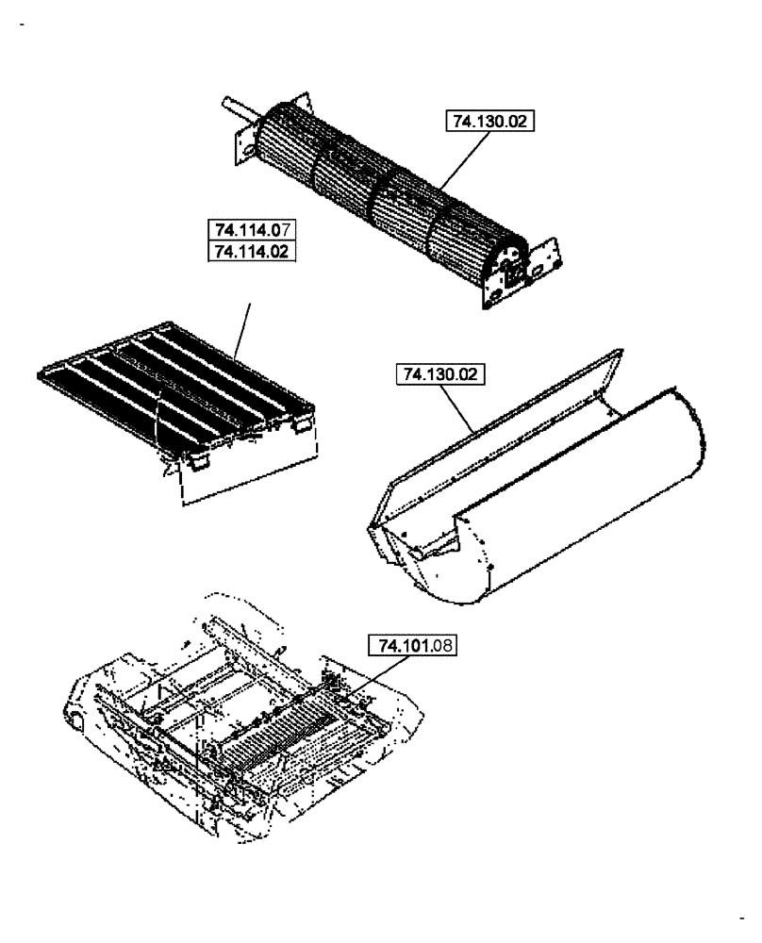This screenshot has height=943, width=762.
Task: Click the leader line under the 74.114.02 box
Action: coord(242,330)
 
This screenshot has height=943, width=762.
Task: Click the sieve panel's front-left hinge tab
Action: coord(198,462)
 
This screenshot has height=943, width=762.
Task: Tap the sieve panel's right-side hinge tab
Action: coord(299,427)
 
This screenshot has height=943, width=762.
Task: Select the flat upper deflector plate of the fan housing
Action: coord(500,415)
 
